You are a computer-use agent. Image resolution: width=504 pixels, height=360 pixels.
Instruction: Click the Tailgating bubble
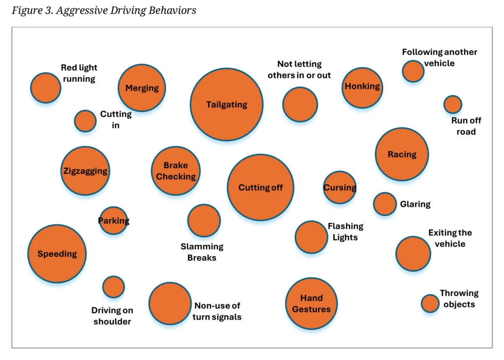(226, 104)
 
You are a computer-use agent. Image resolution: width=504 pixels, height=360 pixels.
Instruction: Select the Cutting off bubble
(260, 187)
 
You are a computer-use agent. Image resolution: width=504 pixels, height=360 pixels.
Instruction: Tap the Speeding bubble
(57, 254)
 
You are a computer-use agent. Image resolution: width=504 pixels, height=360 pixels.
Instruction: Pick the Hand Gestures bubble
(311, 303)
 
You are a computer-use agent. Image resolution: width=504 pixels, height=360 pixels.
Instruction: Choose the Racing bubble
(402, 154)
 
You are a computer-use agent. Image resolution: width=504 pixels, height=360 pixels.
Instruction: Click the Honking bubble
(362, 87)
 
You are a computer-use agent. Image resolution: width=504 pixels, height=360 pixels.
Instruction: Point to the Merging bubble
(142, 88)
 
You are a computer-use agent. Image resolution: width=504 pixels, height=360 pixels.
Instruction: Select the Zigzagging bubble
(85, 171)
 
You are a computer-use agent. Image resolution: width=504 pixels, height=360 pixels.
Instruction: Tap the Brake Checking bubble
(176, 171)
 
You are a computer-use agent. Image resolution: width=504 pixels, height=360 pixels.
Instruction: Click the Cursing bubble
(340, 187)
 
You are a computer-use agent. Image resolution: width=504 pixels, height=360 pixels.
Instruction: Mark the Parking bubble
(114, 221)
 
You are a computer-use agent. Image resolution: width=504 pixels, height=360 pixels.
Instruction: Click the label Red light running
(79, 73)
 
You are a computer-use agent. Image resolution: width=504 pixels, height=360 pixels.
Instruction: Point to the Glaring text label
(415, 204)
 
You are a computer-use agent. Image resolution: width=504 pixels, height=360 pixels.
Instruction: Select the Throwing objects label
(459, 299)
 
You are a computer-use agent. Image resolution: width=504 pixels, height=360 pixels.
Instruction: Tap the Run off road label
(466, 126)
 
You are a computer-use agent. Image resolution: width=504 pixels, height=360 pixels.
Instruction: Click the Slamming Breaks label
(202, 252)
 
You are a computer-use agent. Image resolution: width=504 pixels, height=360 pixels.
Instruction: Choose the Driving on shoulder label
(112, 316)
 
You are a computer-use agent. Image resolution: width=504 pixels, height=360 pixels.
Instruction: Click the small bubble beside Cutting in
(85, 121)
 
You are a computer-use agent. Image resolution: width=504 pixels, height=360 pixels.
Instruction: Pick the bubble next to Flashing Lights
(311, 237)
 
